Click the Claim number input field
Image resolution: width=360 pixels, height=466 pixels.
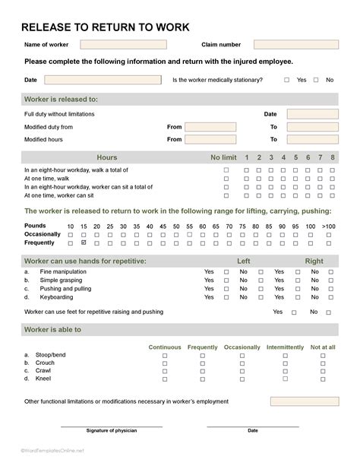point(295,45)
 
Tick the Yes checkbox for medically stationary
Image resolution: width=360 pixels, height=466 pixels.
point(287,80)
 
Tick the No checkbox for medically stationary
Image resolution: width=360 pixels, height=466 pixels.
point(315,80)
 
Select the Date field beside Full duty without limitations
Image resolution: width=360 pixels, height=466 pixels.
point(312,114)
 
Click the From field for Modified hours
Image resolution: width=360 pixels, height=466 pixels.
point(210,140)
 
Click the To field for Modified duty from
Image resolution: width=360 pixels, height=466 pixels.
point(312,127)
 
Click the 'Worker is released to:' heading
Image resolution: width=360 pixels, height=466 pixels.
point(62,99)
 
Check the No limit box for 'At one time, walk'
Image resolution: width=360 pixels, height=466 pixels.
point(226,179)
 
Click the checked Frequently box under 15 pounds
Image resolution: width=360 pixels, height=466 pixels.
point(84,243)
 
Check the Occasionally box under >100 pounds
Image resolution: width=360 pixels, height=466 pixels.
point(328,235)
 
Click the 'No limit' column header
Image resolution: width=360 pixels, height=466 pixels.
point(223,157)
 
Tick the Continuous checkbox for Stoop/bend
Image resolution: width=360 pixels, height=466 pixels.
point(165,355)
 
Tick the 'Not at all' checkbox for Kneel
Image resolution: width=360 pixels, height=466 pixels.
point(322,378)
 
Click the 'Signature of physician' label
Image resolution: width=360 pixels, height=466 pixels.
point(112,431)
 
